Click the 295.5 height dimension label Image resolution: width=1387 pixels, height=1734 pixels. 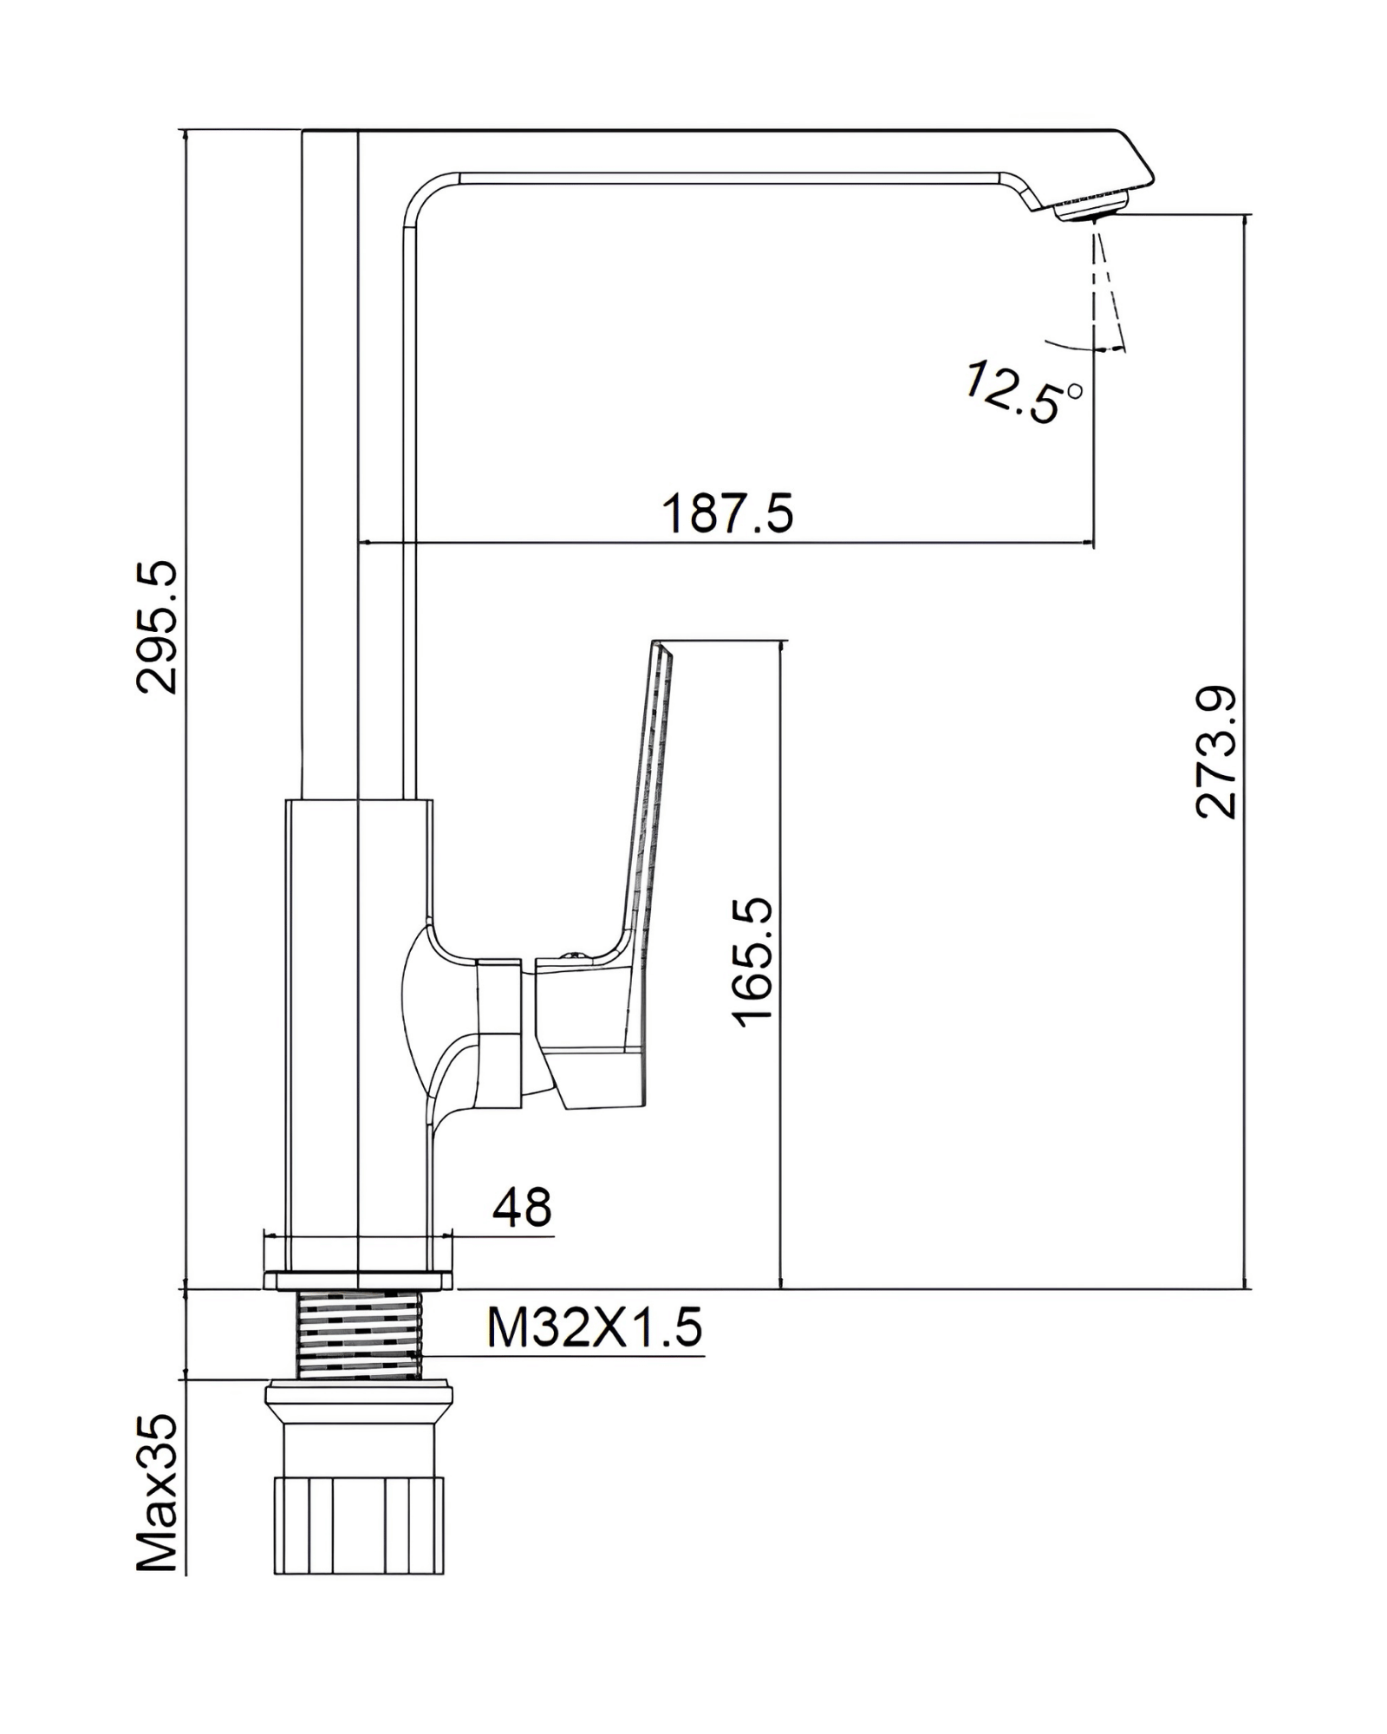(157, 626)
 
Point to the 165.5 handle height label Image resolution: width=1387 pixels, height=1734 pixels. (752, 962)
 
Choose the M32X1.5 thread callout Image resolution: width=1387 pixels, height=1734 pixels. (594, 1327)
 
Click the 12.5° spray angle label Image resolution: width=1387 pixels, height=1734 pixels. (1024, 393)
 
